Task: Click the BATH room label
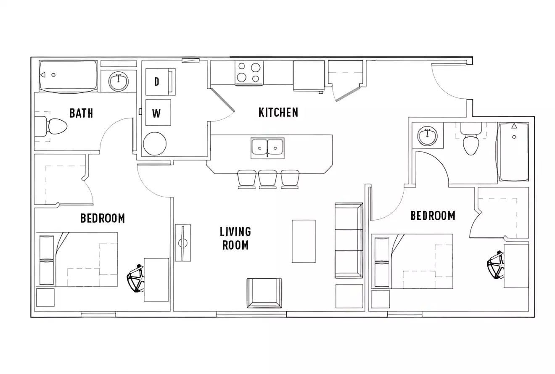click(81, 113)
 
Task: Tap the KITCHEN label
click(278, 112)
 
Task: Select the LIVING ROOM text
click(235, 238)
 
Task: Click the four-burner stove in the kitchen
click(249, 72)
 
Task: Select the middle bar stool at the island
click(267, 179)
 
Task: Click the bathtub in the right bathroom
click(513, 151)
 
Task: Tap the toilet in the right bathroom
click(470, 140)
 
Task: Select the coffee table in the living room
click(304, 241)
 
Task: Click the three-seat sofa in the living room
click(349, 240)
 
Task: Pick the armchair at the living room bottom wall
click(264, 293)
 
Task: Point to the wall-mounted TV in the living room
click(182, 242)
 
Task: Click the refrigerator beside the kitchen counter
click(308, 75)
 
